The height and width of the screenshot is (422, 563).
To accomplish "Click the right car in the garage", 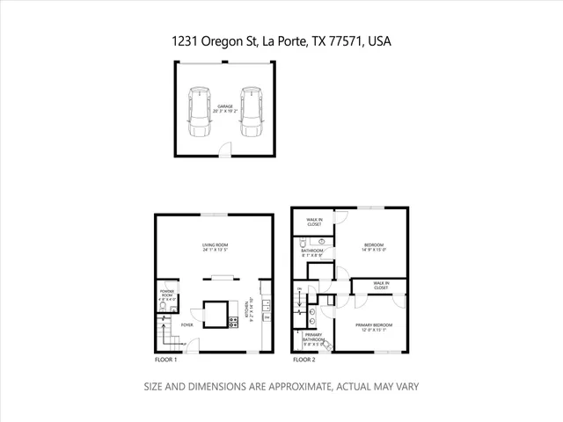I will click(252, 110).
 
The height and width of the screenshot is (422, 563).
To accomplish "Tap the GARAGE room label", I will click(226, 109).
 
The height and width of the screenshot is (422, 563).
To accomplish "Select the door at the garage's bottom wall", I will click(227, 153).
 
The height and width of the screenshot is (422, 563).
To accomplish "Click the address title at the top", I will click(281, 40).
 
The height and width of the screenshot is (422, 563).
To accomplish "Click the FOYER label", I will click(186, 324).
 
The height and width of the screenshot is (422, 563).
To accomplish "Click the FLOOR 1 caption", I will click(165, 360).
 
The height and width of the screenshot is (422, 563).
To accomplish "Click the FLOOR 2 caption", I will click(303, 360).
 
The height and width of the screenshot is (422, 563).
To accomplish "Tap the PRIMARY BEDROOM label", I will click(374, 327).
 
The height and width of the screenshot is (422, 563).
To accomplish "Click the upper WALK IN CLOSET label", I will click(314, 222).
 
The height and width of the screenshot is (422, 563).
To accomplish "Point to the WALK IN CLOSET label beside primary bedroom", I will click(381, 286).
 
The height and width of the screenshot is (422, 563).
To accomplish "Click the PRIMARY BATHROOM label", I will click(314, 338).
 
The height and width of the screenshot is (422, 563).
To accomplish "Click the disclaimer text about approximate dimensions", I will click(281, 386).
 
